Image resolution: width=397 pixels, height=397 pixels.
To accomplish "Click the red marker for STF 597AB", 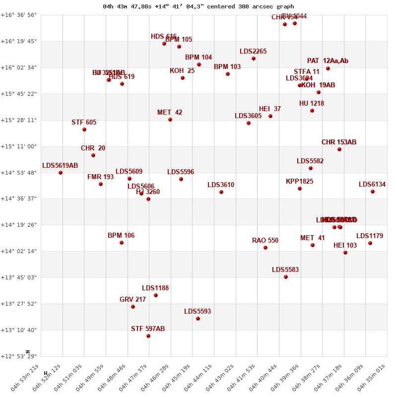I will click(148, 336).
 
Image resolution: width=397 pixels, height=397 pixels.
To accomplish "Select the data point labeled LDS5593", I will click(198, 319).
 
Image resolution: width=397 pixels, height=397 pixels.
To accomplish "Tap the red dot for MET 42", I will click(170, 120).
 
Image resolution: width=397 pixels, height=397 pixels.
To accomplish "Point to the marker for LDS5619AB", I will click(61, 173).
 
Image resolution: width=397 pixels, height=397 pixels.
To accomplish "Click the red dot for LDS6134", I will click(373, 192).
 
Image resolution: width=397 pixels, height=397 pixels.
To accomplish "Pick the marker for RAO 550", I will click(265, 248).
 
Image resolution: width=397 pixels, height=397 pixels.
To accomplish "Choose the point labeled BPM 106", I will click(122, 243).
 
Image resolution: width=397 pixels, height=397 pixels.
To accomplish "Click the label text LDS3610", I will click(221, 185).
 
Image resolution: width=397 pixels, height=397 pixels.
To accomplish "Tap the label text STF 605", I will click(84, 123).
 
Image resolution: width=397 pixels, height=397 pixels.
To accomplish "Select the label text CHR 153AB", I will click(339, 142).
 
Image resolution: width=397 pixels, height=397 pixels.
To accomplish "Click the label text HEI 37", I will click(270, 109).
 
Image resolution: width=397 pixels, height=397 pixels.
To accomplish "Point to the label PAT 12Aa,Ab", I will click(328, 61).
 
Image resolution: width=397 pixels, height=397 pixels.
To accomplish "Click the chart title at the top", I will click(198, 6).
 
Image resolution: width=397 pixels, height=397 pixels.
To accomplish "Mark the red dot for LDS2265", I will click(254, 59).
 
